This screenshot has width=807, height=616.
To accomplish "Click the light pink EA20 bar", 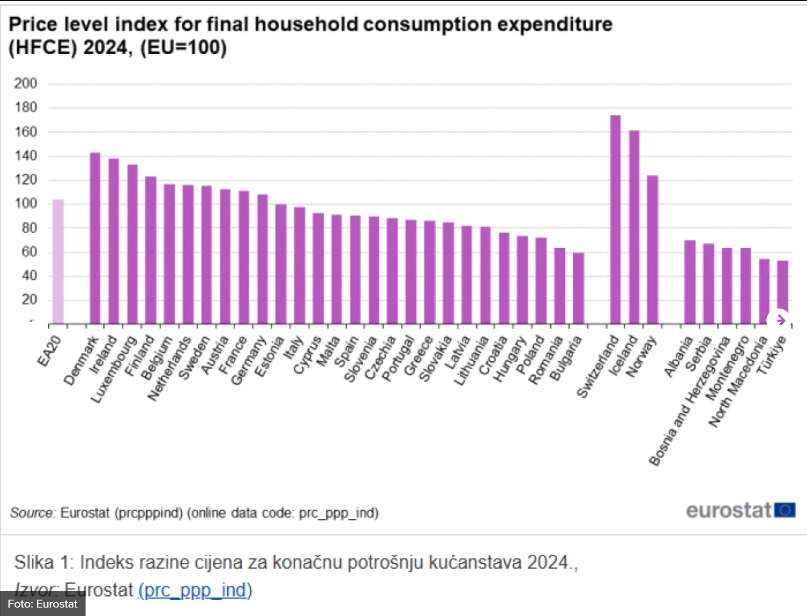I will point(58,261).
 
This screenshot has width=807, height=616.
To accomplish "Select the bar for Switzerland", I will point(615,219).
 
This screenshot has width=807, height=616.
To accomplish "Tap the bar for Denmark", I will point(95,238).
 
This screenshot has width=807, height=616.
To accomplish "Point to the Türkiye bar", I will point(782,290).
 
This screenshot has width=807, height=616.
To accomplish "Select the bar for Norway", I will point(653,250).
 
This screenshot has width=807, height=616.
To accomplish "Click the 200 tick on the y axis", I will point(25,84).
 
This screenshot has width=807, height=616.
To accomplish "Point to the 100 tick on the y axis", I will point(25,204).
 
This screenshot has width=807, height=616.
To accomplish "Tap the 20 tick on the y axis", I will point(29,300).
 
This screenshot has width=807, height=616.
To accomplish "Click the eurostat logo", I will point(740,510).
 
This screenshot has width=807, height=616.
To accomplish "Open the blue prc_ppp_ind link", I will point(195,590).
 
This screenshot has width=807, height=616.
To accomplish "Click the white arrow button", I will point(779,320).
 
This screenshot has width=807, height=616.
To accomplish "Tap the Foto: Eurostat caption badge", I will point(43,604).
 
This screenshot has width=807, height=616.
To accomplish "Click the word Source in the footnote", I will point(32,513).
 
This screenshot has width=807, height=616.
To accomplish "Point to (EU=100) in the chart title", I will point(183,48).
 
